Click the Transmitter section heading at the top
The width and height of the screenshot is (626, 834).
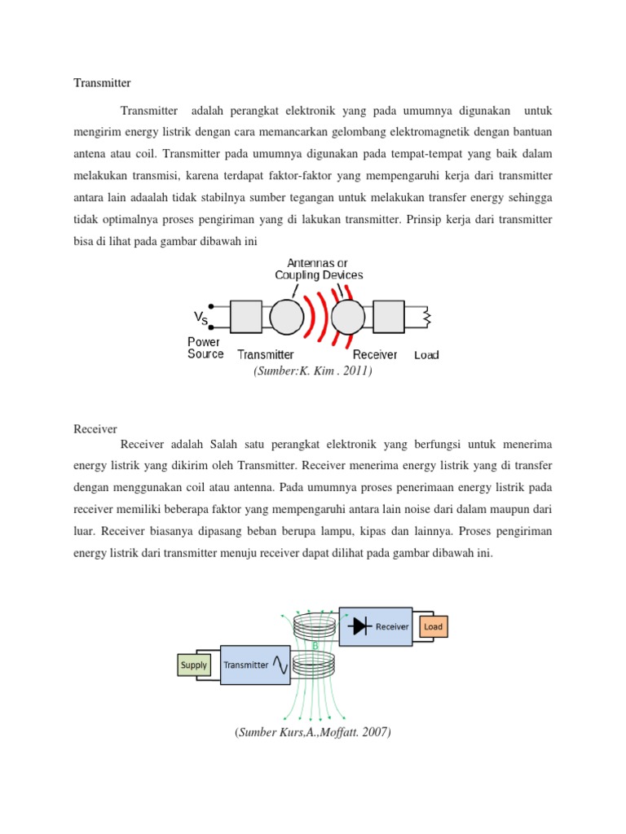pos(102,82)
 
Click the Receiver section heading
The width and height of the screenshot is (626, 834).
pos(95,428)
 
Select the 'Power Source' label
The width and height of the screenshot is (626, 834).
pos(205,348)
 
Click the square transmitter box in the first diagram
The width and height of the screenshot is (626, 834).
pos(246,317)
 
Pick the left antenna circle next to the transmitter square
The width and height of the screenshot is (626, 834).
pos(286,317)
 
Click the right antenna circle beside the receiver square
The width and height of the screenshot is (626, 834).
pos(348,317)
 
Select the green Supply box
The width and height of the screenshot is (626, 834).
pos(194,665)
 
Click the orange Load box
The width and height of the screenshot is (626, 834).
pos(433,626)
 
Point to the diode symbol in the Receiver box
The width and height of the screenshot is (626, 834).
pos(359,626)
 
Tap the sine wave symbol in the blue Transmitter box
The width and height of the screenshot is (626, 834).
pos(281,665)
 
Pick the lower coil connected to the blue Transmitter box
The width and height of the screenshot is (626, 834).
pos(315,665)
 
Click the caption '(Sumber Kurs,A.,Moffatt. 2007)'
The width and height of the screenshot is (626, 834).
pos(313,732)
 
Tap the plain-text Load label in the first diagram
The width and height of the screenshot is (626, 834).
pos(426,355)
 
